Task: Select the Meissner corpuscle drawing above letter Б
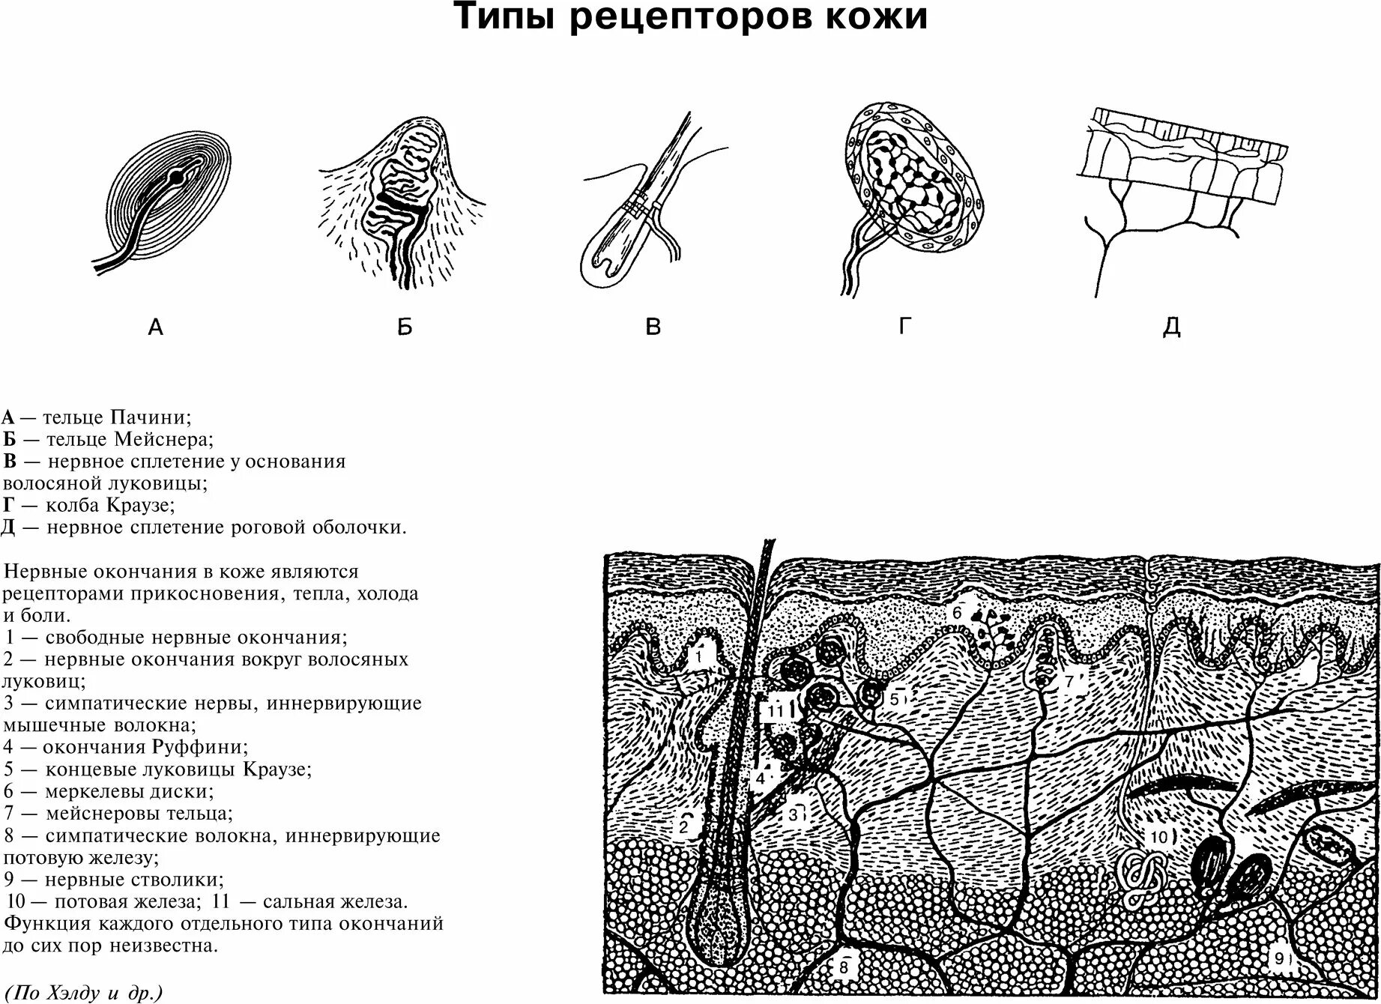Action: [402, 202]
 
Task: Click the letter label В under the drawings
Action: [653, 327]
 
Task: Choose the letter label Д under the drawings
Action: [1171, 327]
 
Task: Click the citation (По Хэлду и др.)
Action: [82, 994]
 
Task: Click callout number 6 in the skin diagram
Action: [957, 612]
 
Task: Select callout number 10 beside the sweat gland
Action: [1159, 837]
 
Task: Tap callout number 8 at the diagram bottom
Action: [842, 967]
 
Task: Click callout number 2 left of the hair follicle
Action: [683, 828]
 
